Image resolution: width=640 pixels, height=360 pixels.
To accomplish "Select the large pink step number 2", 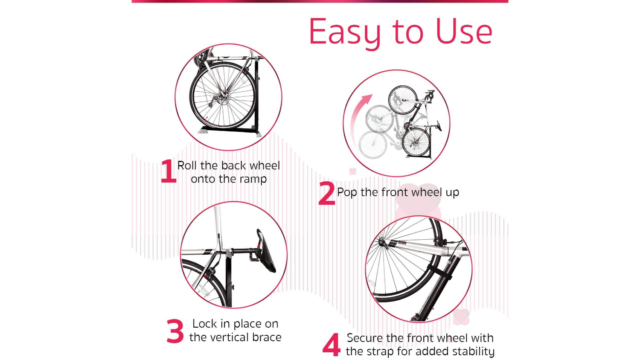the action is [x=326, y=193].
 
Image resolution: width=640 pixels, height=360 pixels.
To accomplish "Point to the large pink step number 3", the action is [x=175, y=331].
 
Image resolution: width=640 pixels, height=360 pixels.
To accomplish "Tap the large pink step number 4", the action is [x=332, y=345].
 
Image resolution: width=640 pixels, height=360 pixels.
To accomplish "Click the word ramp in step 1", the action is [x=253, y=180].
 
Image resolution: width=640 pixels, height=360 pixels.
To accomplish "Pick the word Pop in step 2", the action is [x=347, y=192].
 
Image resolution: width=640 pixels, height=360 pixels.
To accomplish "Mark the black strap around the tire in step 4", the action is [x=439, y=273].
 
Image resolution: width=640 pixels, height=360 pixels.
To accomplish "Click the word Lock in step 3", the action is [x=205, y=324].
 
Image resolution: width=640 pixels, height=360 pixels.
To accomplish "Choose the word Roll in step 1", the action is [x=187, y=165].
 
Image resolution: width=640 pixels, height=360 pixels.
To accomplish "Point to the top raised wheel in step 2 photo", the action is [x=403, y=99].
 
